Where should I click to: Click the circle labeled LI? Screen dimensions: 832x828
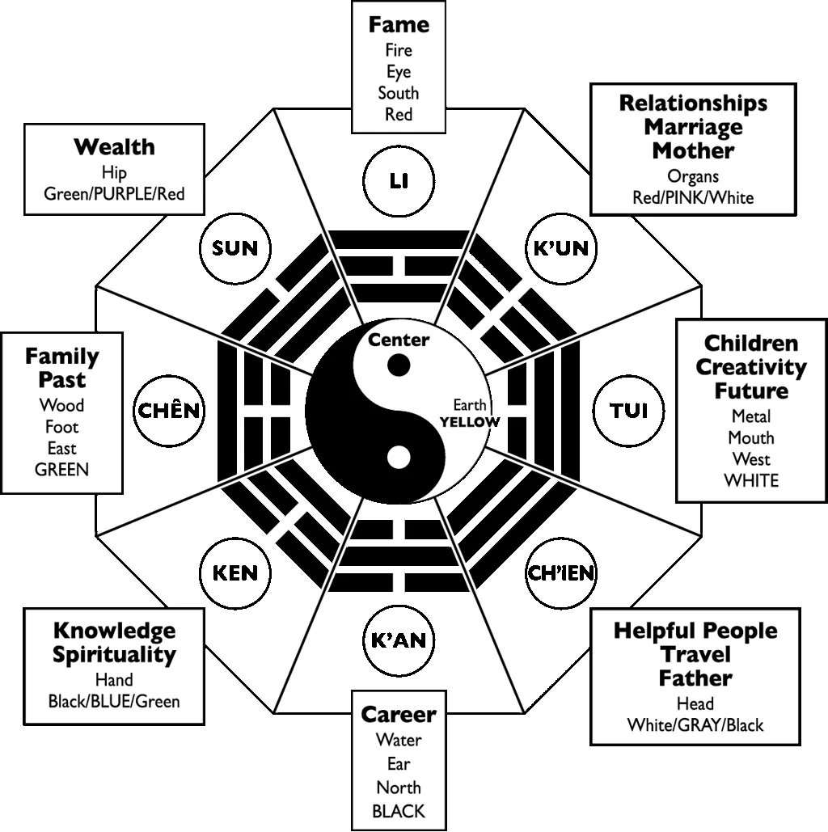pos(398,180)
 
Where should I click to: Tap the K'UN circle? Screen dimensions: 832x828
pos(560,247)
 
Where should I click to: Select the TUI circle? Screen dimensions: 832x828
pos(631,410)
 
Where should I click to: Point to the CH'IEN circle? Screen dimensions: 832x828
pos(561,573)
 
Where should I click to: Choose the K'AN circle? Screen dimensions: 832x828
pos(398,641)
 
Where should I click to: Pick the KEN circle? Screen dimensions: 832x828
pos(234,573)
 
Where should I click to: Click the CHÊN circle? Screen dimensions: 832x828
pos(169,410)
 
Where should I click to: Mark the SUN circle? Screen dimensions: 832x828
pos(234,247)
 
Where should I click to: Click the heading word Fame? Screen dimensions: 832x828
pos(398,24)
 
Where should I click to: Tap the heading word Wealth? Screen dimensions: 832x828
pos(114,147)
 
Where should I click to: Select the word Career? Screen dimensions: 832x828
pos(398,715)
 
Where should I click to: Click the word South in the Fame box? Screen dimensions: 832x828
pos(398,93)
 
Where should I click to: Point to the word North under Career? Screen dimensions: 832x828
pos(398,787)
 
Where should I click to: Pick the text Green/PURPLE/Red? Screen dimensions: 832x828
pos(114,193)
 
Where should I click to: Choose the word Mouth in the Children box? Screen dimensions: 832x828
pos(751,437)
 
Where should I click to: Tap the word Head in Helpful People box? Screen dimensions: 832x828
pos(695,703)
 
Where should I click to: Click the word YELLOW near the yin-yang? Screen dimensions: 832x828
pos(470,422)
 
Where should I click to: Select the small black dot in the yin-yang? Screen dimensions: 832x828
pos(398,365)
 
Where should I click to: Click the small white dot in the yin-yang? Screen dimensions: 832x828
pos(398,458)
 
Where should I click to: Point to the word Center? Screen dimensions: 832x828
pos(399,340)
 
